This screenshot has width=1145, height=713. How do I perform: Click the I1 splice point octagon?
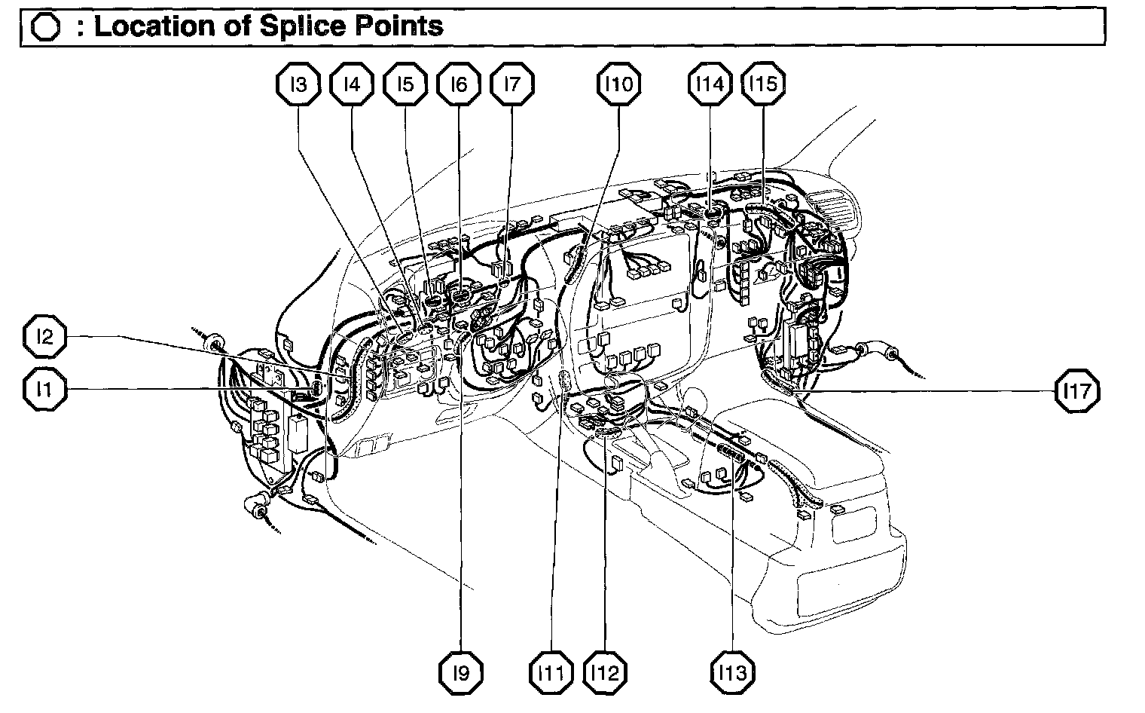pyautogui.click(x=45, y=389)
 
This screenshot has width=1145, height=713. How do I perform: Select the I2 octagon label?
pyautogui.click(x=45, y=337)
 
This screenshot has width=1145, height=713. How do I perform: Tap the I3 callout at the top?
pyautogui.click(x=298, y=84)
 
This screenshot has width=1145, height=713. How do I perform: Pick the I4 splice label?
pyautogui.click(x=351, y=84)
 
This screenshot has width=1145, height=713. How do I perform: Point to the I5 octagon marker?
pyautogui.click(x=405, y=84)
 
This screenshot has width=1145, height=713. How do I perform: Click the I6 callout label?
pyautogui.click(x=458, y=84)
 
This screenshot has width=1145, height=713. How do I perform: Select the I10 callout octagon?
pyautogui.click(x=618, y=84)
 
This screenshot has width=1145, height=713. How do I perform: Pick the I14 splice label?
pyautogui.click(x=710, y=84)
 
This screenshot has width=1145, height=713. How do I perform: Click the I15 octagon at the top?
pyautogui.click(x=763, y=84)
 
